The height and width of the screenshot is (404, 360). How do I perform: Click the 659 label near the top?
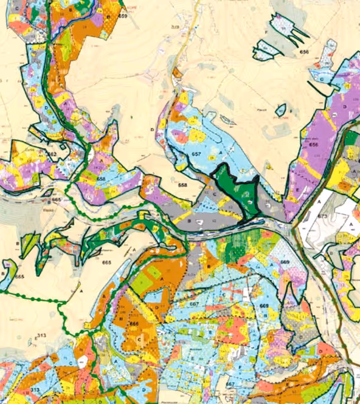coord(123,16)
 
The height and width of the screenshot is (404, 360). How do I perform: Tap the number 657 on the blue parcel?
coord(196,155)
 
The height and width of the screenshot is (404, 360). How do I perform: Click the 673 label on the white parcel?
coord(323,216)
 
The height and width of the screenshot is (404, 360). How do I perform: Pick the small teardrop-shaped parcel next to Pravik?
coord(280,110)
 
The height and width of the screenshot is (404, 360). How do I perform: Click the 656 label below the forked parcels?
coord(304,53)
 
